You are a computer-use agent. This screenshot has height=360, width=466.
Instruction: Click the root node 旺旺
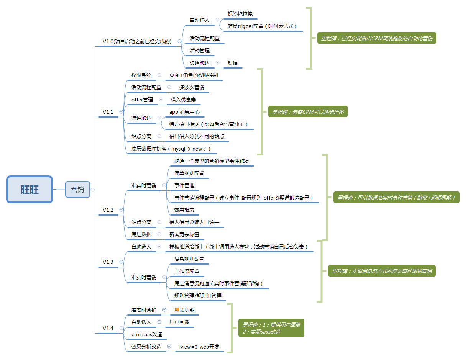[x=30, y=189]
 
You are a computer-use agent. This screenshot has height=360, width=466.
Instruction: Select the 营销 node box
[x=77, y=189]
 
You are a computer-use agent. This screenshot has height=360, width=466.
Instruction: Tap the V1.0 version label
[x=137, y=41]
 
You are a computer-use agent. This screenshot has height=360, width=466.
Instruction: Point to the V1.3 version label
[x=108, y=262]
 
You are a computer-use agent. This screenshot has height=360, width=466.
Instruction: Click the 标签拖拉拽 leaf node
[x=240, y=14]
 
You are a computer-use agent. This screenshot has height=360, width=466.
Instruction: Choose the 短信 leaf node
[x=233, y=63]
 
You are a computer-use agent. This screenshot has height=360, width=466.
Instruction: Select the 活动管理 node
[x=200, y=51]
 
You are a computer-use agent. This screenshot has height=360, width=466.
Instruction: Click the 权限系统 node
[x=141, y=75]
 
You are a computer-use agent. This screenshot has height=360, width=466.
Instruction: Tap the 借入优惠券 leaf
[x=184, y=100]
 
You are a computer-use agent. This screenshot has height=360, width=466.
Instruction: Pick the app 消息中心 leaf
[x=184, y=112]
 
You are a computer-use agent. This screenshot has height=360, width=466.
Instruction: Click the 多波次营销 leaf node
[x=192, y=87]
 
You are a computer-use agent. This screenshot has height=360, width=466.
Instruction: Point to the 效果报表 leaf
[x=184, y=210]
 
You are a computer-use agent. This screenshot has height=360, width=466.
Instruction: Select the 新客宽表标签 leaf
[x=184, y=234]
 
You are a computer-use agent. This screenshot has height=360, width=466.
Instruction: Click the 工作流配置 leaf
[x=187, y=271]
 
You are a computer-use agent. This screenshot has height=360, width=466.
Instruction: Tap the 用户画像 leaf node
[x=179, y=322]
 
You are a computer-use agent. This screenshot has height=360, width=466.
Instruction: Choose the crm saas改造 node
[x=147, y=334]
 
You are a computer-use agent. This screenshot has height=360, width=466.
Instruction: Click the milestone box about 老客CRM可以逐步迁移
[x=308, y=112]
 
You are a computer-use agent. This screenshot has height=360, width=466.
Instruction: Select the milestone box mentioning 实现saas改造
[x=271, y=328]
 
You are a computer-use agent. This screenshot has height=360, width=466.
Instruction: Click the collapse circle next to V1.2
[x=121, y=210]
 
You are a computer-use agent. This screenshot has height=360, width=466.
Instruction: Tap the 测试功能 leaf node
[x=184, y=310]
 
